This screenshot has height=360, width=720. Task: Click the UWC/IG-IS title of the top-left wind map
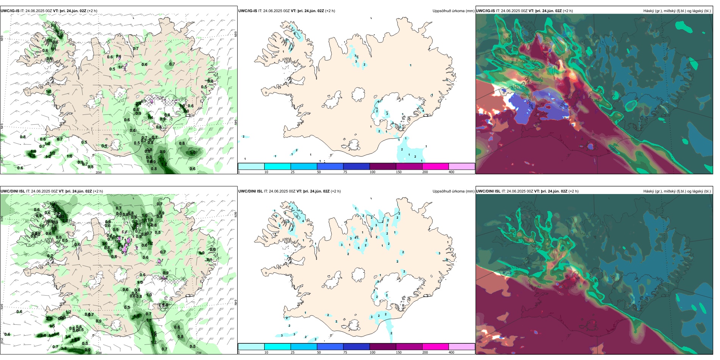10,11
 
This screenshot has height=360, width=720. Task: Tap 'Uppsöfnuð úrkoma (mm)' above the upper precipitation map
453,11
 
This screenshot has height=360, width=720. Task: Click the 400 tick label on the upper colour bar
451,172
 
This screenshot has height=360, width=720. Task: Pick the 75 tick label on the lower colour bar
345,352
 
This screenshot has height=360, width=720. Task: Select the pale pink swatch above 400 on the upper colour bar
462,166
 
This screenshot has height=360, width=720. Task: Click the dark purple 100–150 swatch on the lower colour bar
383,347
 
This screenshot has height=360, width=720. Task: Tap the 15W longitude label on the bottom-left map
198,353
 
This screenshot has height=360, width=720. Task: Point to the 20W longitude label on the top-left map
99,172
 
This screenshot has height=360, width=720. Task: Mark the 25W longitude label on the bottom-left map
2,341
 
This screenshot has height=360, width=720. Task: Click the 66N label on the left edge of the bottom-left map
2,219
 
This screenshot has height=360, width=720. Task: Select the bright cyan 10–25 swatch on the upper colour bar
277,166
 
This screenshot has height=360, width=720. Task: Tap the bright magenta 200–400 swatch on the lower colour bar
435,347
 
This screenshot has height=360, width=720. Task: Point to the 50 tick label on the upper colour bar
319,172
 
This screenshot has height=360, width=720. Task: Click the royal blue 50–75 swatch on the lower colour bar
330,347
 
